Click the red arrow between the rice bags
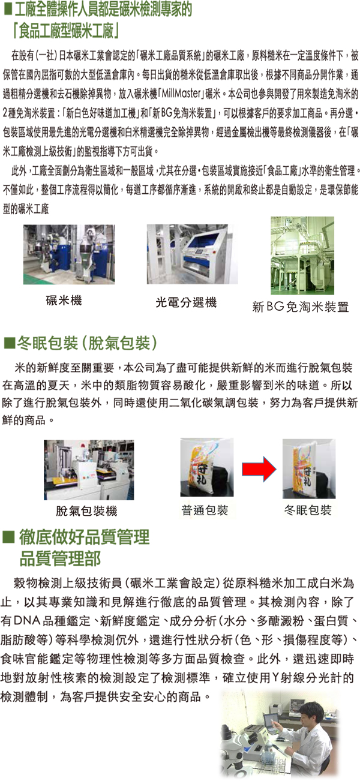coord(259,469)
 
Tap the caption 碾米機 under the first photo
coord(64,300)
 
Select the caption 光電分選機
coord(186,302)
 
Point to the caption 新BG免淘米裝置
coord(301,307)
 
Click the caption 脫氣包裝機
coord(86,511)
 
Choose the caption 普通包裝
coord(205,510)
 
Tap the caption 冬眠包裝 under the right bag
coord(308,510)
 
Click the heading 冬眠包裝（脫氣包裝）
coord(87,343)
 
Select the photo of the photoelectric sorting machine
coord(192,254)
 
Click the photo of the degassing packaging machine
coord(89,470)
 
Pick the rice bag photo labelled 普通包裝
coord(207,467)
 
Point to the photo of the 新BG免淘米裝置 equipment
coord(302,256)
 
